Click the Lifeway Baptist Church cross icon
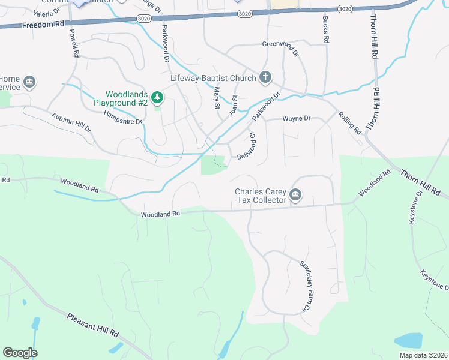click(265, 77)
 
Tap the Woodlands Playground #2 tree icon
click(157, 97)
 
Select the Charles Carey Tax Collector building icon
click(295, 194)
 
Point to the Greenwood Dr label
click(280, 45)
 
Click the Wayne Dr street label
click(297, 119)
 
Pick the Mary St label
click(217, 98)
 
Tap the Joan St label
click(235, 105)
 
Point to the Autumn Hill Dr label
click(71, 122)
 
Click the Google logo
click(20, 353)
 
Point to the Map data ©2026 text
click(423, 355)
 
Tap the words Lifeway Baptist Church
click(212, 77)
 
